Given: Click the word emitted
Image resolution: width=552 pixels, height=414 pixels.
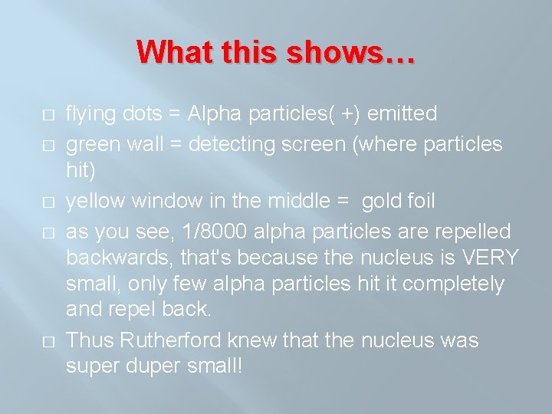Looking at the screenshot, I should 402,114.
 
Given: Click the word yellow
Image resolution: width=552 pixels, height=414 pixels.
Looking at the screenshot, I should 97,202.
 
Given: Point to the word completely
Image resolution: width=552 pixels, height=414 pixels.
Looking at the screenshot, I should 454,284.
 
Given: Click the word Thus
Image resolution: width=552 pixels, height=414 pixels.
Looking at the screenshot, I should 92,340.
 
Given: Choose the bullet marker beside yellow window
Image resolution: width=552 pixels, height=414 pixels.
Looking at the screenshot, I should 48,202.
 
